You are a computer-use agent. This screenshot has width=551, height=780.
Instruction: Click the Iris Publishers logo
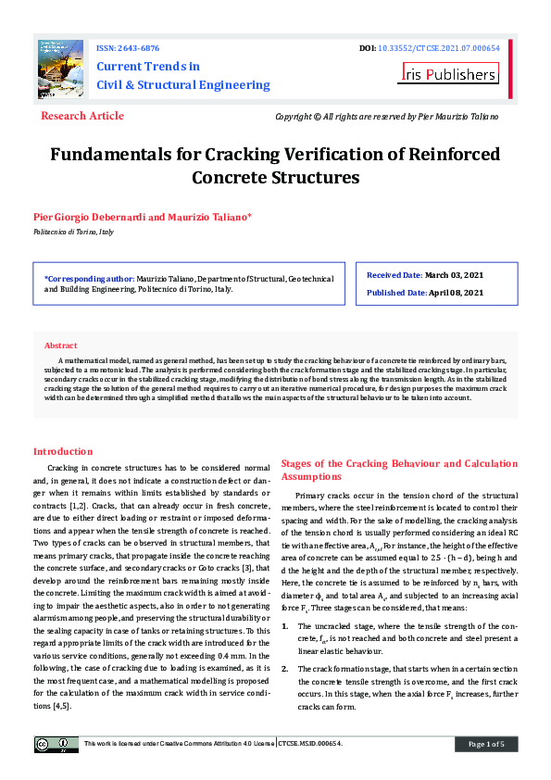[449, 73]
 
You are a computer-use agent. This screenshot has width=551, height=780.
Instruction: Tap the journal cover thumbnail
[59, 67]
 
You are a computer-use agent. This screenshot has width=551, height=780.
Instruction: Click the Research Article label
[82, 116]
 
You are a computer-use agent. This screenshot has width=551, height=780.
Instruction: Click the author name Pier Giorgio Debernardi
[89, 218]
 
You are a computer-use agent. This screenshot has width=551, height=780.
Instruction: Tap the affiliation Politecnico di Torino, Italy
[73, 232]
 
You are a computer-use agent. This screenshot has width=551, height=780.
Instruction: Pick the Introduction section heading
[63, 451]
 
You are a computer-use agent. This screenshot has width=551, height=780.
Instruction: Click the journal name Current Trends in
[148, 67]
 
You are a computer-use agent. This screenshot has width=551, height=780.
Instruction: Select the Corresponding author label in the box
[89, 278]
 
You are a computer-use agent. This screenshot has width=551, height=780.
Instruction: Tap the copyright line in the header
[387, 117]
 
